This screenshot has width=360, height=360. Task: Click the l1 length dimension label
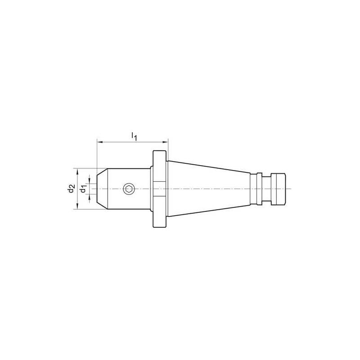coord(134,136)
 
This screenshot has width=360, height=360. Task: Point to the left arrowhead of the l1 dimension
coord(99,142)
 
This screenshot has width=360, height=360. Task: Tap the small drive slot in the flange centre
coord(160,189)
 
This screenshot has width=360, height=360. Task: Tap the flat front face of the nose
coord(97,189)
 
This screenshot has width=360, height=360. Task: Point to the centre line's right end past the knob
coord(291,189)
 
